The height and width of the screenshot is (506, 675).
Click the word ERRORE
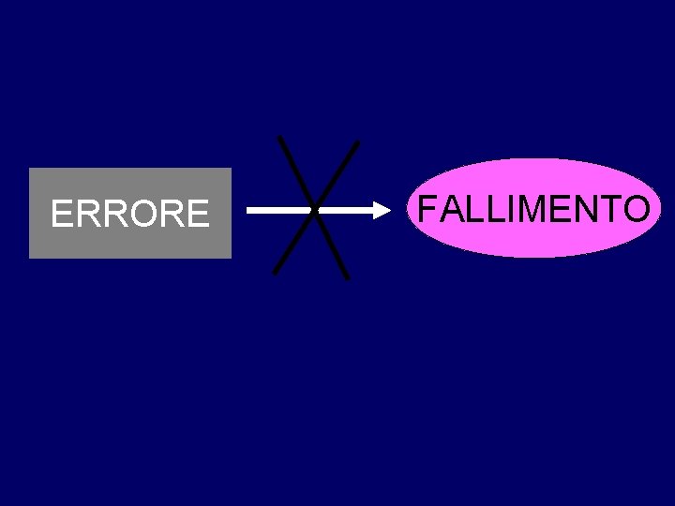(x=129, y=215)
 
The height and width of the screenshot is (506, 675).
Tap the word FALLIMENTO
(x=532, y=208)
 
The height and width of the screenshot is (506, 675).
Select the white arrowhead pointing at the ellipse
(x=384, y=211)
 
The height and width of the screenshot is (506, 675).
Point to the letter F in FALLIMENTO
(x=427, y=208)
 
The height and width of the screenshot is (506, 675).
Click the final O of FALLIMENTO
(x=634, y=208)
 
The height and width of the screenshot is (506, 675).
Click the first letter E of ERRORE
(x=62, y=215)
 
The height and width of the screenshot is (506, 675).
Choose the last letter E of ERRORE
(x=198, y=215)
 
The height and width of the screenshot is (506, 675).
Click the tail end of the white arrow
(x=249, y=211)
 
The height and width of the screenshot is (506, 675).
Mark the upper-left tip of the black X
(x=280, y=138)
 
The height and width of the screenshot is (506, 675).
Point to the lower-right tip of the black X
(x=347, y=277)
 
